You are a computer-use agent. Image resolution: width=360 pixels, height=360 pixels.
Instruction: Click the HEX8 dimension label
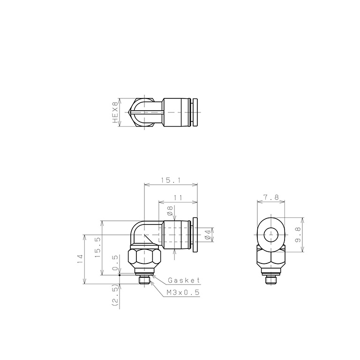(115, 112)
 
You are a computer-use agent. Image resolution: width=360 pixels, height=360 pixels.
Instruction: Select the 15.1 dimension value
(171, 180)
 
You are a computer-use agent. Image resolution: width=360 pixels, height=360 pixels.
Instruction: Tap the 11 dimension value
(178, 197)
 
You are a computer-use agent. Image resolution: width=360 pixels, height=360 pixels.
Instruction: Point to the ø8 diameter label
(170, 211)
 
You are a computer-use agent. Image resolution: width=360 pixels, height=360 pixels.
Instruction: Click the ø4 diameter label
(208, 235)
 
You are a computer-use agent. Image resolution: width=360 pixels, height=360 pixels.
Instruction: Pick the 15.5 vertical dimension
(97, 247)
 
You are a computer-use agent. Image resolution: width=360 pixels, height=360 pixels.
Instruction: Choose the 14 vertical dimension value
(80, 259)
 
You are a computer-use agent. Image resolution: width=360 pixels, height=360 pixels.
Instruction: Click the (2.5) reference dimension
(115, 295)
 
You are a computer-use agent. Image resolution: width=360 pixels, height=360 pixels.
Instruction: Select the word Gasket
(184, 280)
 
